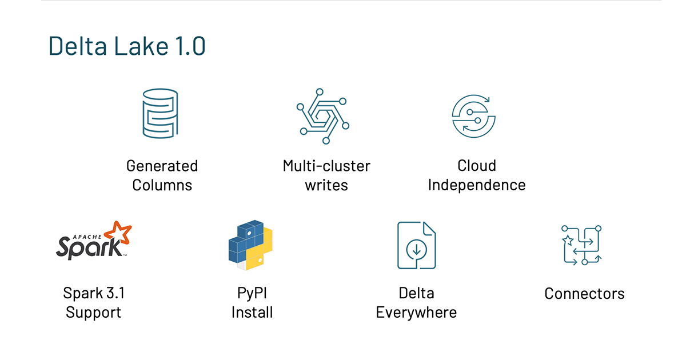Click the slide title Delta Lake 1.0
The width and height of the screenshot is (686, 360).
(126, 46)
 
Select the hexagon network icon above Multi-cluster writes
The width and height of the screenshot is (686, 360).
(322, 115)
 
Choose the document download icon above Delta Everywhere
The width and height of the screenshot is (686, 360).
(416, 245)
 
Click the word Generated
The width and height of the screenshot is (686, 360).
(162, 166)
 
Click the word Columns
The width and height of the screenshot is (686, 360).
(162, 185)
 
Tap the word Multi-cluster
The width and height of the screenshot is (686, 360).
(326, 166)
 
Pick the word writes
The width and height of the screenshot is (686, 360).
(326, 185)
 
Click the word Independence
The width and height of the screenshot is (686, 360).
(476, 185)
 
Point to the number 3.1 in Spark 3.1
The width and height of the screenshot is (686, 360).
(114, 293)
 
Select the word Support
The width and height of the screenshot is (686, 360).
(93, 313)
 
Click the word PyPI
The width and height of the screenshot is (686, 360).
(252, 293)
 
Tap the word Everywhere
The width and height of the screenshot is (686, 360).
(416, 313)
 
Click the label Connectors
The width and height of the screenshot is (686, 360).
(584, 294)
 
